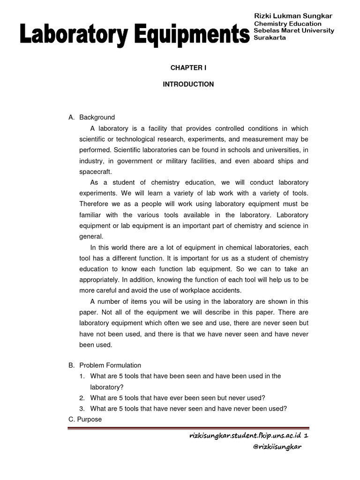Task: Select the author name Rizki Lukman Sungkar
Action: pos(292,16)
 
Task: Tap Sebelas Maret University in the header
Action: pos(294,30)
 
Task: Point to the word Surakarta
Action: pos(270,37)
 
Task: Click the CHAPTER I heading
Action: pos(188,68)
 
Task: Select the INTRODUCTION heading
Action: pos(188,84)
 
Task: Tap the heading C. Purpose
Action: pos(85,420)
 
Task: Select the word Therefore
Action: pos(94,204)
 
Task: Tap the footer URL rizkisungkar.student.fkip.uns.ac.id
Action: pos(244,435)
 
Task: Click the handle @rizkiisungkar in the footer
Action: pos(277,447)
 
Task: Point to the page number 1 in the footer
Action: pos(306,435)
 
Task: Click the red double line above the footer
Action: pos(188,427)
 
